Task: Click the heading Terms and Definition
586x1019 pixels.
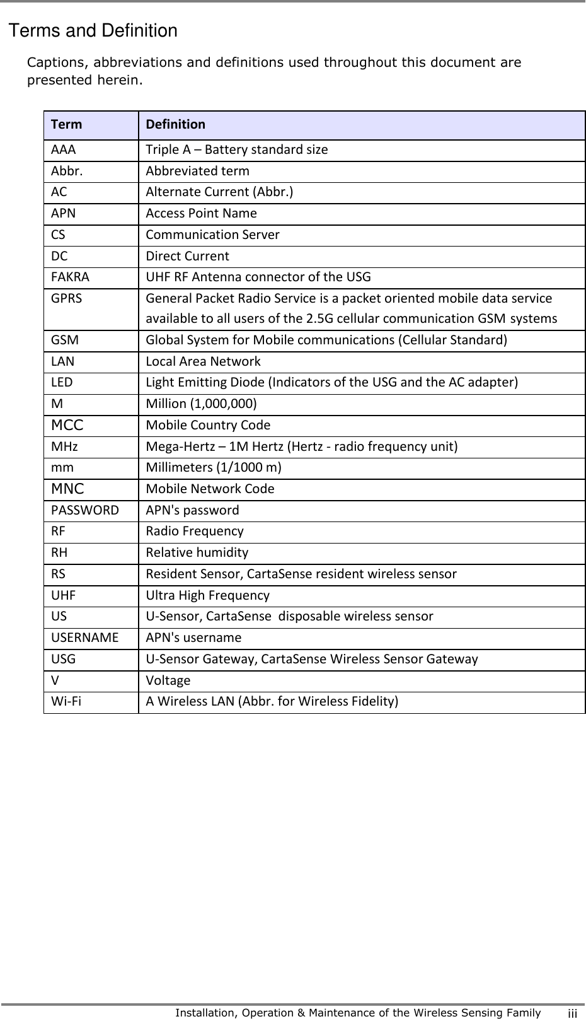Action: coord(93,31)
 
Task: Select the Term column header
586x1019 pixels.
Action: coord(67,124)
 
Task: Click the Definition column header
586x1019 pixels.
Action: coord(175,124)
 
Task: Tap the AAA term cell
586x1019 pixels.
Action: coord(64,150)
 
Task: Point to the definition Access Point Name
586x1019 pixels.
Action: coord(201,214)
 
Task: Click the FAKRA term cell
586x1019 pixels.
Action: coord(71,277)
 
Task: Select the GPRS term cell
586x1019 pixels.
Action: coord(67,298)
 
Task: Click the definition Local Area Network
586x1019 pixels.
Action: coord(203,362)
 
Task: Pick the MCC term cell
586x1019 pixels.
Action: coord(67,426)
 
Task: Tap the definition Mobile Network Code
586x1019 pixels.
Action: coord(210,489)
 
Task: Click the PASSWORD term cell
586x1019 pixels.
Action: coord(85,510)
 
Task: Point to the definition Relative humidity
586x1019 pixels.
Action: coord(197,553)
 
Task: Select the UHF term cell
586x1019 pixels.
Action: coord(64,595)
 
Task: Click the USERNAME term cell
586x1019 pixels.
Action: coord(85,638)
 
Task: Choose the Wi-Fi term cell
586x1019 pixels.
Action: coord(66,702)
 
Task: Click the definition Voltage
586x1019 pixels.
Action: coord(168,681)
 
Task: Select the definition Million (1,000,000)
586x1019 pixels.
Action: coord(201,404)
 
